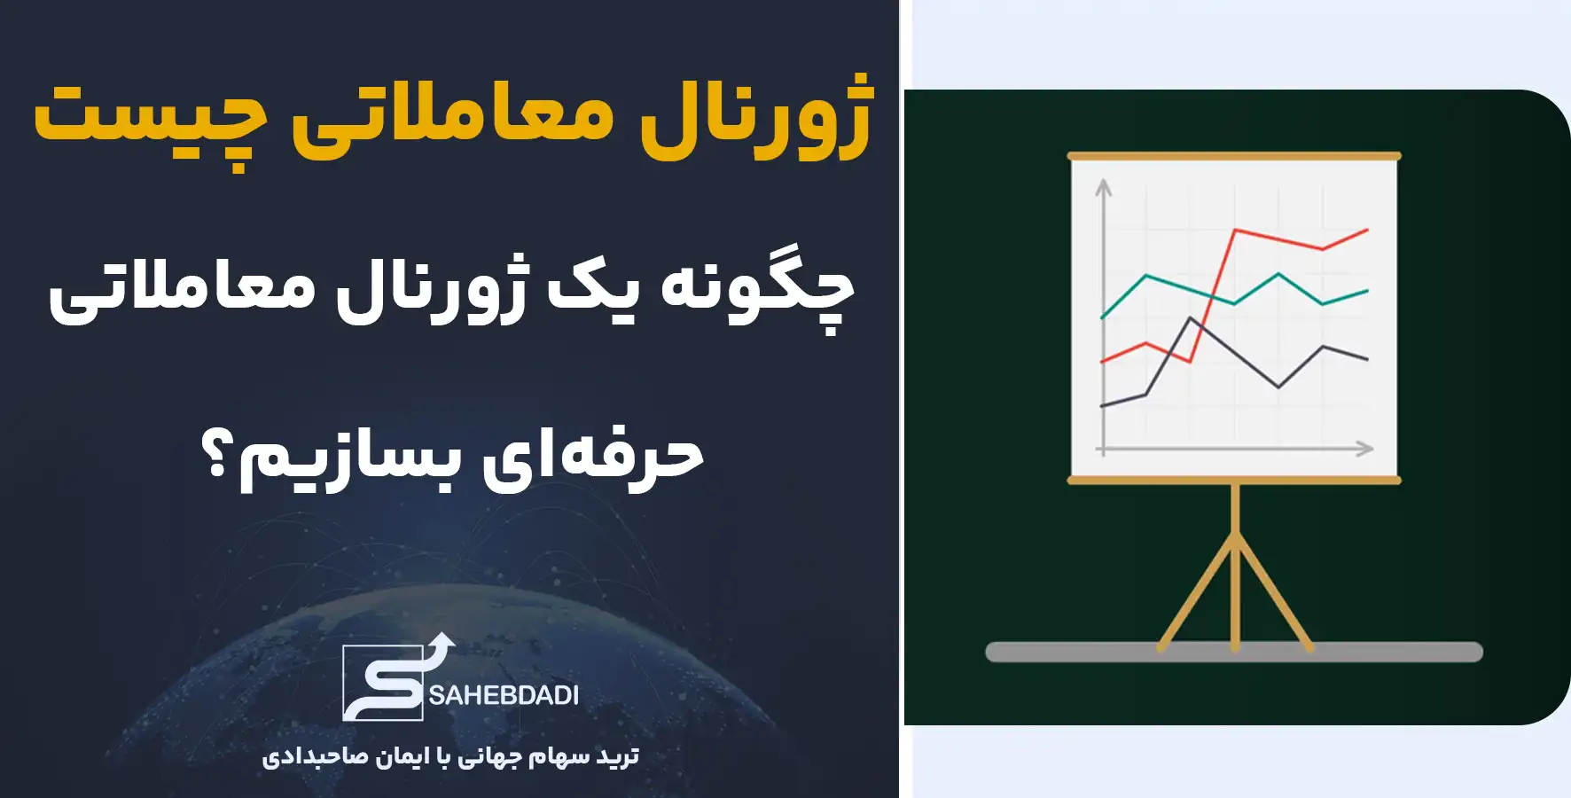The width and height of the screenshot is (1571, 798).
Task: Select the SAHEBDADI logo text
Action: click(504, 695)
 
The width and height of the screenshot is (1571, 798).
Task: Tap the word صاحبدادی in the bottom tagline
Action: click(301, 757)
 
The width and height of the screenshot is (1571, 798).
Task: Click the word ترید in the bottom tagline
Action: click(617, 755)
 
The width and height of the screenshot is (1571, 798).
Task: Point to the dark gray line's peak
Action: click(1192, 318)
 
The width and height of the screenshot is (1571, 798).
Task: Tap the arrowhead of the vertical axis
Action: click(1104, 187)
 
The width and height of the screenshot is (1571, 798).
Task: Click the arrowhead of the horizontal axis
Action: click(1365, 449)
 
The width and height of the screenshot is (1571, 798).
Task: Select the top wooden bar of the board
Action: click(1234, 156)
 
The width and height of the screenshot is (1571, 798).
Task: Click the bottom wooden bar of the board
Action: click(1234, 481)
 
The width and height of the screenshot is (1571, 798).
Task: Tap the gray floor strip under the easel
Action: click(1234, 653)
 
